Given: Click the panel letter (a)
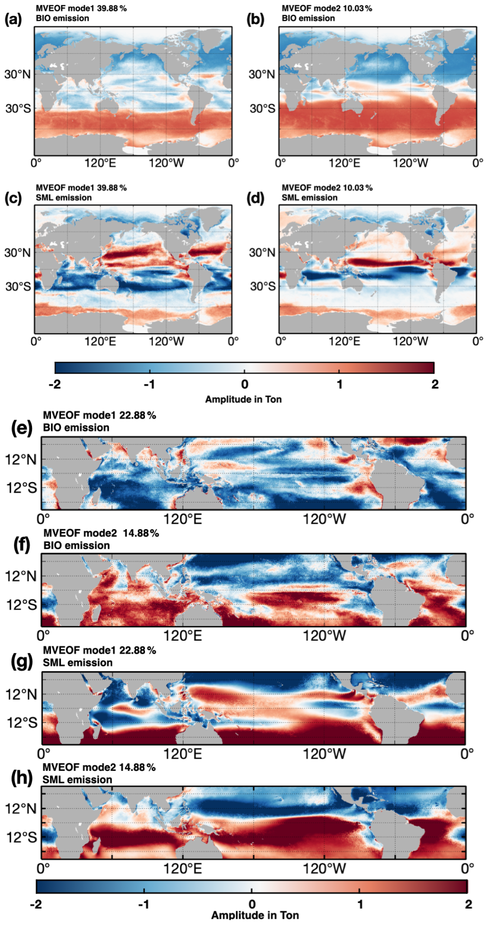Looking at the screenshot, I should tap(13, 20).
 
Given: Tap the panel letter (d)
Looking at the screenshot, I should tap(255, 198).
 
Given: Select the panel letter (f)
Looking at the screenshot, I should tap(21, 545).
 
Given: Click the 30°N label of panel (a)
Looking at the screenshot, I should tap(17, 75).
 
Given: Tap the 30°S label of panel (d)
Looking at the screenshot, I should tap(262, 287).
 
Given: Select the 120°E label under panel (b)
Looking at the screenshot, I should tap(344, 163).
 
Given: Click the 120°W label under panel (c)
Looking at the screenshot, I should tap(166, 342).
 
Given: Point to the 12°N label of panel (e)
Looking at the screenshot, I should tap(21, 459).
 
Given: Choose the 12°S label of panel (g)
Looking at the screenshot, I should tap(21, 723).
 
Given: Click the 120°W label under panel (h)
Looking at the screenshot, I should tap(324, 868).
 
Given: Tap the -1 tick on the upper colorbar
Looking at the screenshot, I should tap(149, 384).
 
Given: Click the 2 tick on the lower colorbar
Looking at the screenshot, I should tap(468, 904).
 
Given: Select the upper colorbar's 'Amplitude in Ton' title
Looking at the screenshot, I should tap(243, 399).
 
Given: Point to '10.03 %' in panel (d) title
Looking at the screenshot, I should tap(358, 188).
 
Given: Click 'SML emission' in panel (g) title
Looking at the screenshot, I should tap(77, 663).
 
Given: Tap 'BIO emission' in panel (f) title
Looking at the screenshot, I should tap(76, 546).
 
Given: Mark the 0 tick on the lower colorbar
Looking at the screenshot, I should tap(252, 904).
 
